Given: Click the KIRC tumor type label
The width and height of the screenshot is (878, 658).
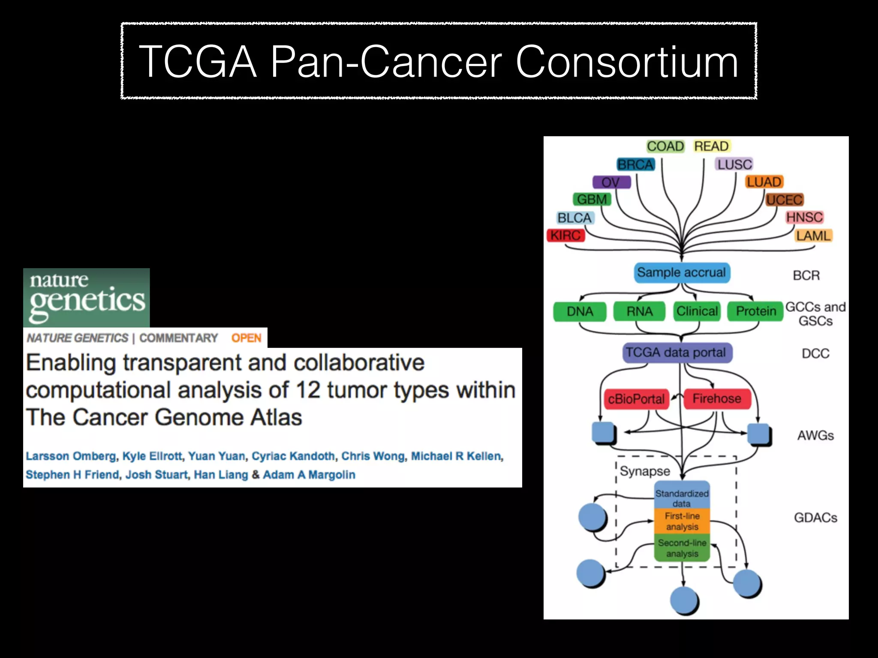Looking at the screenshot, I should [x=565, y=236].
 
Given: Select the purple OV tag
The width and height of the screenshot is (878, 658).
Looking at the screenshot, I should [x=611, y=182].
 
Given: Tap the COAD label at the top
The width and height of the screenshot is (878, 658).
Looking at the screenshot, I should [x=665, y=147].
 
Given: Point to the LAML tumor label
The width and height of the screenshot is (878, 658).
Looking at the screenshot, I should [x=813, y=236].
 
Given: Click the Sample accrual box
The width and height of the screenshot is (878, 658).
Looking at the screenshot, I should [x=681, y=272].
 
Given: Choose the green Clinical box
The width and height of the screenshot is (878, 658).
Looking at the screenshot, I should [x=697, y=311].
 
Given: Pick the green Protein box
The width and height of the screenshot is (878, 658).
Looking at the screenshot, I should [x=756, y=311].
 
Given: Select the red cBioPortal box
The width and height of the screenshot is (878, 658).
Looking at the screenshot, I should [x=636, y=399].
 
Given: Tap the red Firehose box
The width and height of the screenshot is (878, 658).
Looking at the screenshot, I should [x=716, y=398].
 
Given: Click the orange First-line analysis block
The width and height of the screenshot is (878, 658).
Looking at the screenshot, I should [x=682, y=521].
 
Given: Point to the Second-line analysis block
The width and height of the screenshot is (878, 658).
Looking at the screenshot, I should [x=682, y=548].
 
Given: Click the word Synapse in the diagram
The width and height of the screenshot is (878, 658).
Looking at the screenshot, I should [x=644, y=471].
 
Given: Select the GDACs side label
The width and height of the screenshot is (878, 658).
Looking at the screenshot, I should [x=815, y=517].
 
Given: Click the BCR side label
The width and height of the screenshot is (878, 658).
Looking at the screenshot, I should [x=806, y=275].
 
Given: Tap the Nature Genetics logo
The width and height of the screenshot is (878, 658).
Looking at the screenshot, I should [x=87, y=297].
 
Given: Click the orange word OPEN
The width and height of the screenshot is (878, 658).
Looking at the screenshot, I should [x=246, y=338].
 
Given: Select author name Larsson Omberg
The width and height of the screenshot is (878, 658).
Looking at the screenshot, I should [x=71, y=456].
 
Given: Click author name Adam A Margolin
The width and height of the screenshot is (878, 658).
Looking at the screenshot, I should [x=309, y=475].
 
